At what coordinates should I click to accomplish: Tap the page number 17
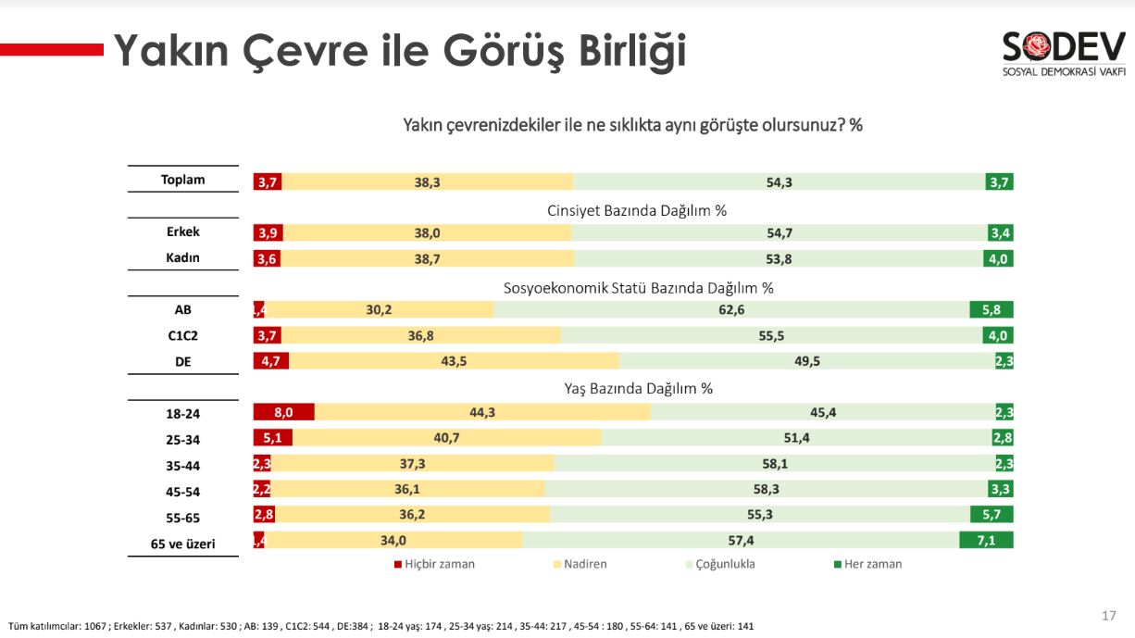1108,616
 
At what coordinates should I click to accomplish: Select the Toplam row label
182,181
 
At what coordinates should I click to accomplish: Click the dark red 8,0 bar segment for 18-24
284,412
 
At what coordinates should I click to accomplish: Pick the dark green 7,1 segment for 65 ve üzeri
986,540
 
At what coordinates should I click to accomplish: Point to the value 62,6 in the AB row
731,310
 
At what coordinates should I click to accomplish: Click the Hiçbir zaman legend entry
434,564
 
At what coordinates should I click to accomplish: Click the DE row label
182,362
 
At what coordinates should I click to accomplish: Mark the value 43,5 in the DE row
454,361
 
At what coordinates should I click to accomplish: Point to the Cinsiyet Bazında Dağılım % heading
637,210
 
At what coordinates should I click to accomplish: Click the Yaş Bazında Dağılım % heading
638,388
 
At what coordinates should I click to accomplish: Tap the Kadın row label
182,258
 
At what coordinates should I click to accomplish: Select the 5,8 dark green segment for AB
991,310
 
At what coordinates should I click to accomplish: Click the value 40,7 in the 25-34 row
447,438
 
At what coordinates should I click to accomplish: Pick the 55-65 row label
182,518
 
